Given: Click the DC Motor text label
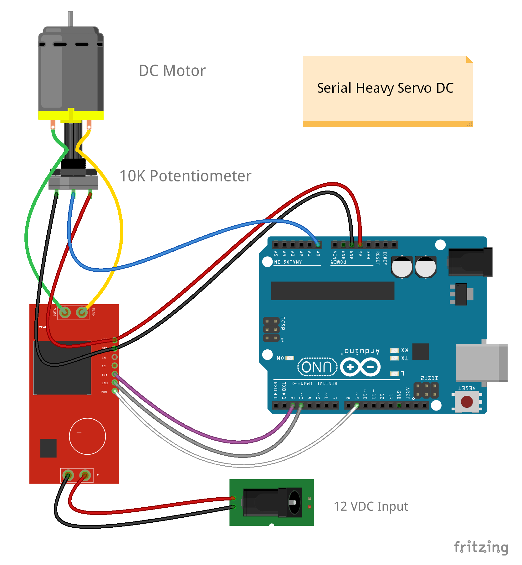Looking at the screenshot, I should [x=172, y=71].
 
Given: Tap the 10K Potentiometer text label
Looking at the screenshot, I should [x=185, y=176].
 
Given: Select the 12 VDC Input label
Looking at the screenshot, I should [x=371, y=506].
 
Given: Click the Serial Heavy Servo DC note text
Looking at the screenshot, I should [x=385, y=88].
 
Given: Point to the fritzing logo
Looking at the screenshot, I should [x=481, y=547].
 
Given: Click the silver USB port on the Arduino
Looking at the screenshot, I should [x=481, y=363].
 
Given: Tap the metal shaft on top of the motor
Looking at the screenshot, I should [x=71, y=19].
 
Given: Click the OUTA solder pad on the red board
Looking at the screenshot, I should [x=65, y=312].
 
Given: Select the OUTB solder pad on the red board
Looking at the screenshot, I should [x=82, y=312].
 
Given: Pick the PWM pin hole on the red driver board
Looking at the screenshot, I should [x=115, y=391].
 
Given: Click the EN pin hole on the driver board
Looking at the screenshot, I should [x=115, y=357].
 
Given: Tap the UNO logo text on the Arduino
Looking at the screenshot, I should [x=317, y=367].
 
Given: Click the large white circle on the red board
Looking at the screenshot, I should [x=87, y=436].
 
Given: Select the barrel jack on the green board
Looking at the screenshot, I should [x=272, y=502].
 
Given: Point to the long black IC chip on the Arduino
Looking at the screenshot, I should [x=333, y=291].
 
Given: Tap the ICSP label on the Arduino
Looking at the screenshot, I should [x=283, y=323].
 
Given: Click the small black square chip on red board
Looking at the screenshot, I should [x=49, y=448].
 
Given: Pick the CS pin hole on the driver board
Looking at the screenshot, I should [x=115, y=365].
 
